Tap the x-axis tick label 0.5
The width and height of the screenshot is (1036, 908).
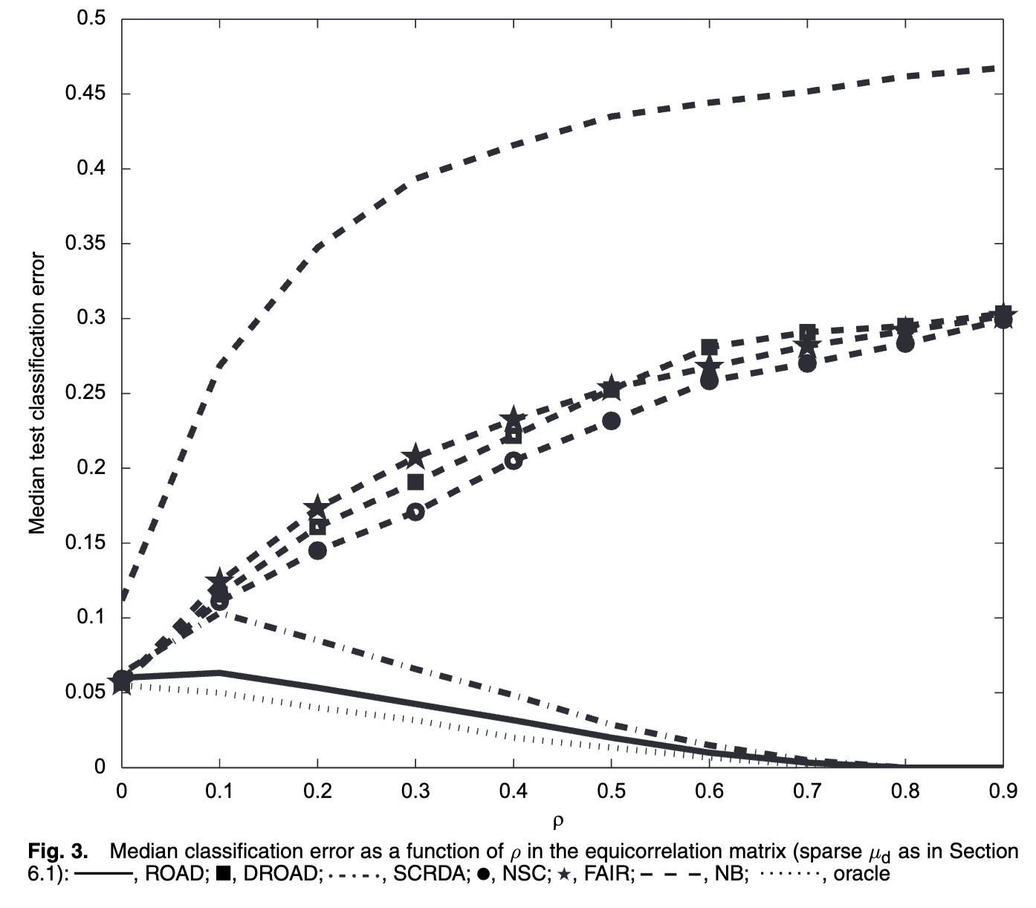611,791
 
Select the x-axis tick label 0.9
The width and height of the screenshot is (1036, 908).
1003,791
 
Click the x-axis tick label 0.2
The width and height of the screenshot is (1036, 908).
317,791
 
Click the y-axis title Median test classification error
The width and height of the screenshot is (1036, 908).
37,394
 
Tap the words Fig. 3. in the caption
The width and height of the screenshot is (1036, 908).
58,852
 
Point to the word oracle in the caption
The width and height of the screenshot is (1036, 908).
861,874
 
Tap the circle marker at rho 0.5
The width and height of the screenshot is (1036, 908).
612,421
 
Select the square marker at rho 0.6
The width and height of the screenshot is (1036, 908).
710,347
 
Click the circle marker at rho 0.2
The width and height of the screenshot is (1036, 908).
317,551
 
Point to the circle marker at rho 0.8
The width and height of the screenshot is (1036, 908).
905,343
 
